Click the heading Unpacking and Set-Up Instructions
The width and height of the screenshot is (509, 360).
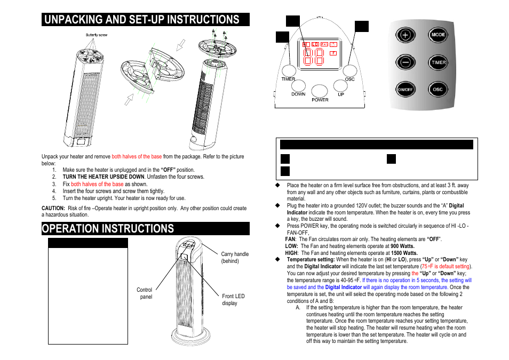coord(142,20)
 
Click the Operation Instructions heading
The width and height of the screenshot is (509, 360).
coord(109,229)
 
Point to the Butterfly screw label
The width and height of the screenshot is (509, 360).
coord(97,35)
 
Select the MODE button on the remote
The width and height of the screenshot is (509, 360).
coord(438,35)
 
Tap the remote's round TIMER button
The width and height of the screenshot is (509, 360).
coord(438,62)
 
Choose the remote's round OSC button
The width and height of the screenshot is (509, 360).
coord(438,90)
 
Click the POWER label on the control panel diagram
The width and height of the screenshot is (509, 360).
coord(320,100)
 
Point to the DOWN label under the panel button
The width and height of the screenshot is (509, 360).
coord(298,94)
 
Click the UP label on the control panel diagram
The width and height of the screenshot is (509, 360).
coord(341,94)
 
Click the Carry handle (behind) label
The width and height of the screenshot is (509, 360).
coord(235,258)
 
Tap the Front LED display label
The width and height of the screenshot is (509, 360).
coord(233,300)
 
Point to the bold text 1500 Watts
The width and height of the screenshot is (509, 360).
coord(404,253)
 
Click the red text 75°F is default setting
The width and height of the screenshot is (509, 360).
coord(446,266)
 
